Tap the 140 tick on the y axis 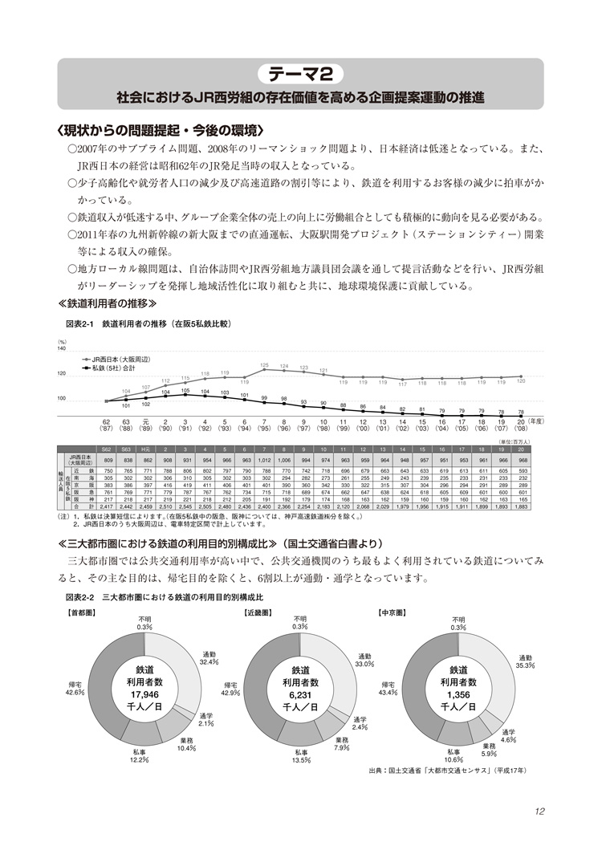(61, 349)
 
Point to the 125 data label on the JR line (264, 365)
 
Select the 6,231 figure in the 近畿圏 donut (300, 694)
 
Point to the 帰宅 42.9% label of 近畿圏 (231, 687)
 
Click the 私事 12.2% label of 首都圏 (140, 756)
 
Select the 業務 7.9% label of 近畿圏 (342, 744)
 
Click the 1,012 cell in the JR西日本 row (264, 458)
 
